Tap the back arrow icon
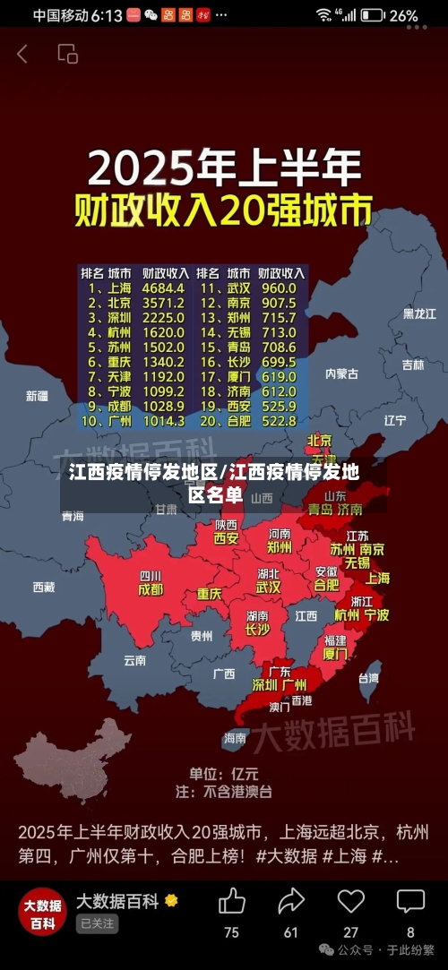(x=22, y=54)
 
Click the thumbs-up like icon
(x=231, y=900)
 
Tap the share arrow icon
(x=291, y=900)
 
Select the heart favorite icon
(x=350, y=900)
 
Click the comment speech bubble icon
(x=410, y=900)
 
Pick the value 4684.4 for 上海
(x=163, y=288)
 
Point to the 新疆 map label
(x=37, y=396)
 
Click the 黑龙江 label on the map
(x=418, y=313)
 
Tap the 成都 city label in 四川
(x=151, y=590)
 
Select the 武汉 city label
(x=268, y=588)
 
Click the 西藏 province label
(x=44, y=588)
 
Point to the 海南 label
(x=235, y=738)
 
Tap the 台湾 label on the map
(x=368, y=678)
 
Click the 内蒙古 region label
(x=341, y=373)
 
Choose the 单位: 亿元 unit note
(x=223, y=773)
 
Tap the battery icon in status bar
(x=374, y=15)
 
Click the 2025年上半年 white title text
(x=224, y=168)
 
